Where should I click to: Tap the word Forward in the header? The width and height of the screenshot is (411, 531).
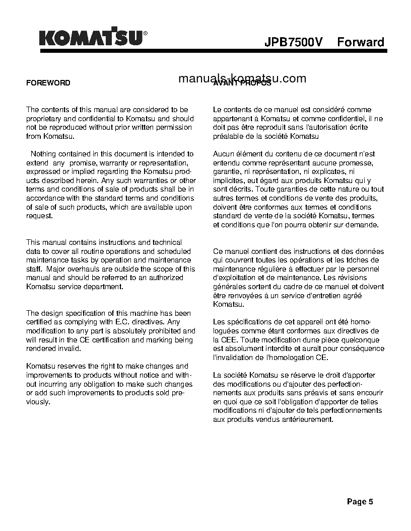pyautogui.click(x=361, y=42)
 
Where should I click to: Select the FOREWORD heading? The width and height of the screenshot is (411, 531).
pyautogui.click(x=48, y=83)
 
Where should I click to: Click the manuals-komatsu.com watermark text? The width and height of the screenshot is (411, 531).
pyautogui.click(x=242, y=78)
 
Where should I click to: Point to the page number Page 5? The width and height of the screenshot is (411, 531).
pyautogui.click(x=360, y=501)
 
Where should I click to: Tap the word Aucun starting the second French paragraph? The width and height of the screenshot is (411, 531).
pyautogui.click(x=224, y=154)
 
